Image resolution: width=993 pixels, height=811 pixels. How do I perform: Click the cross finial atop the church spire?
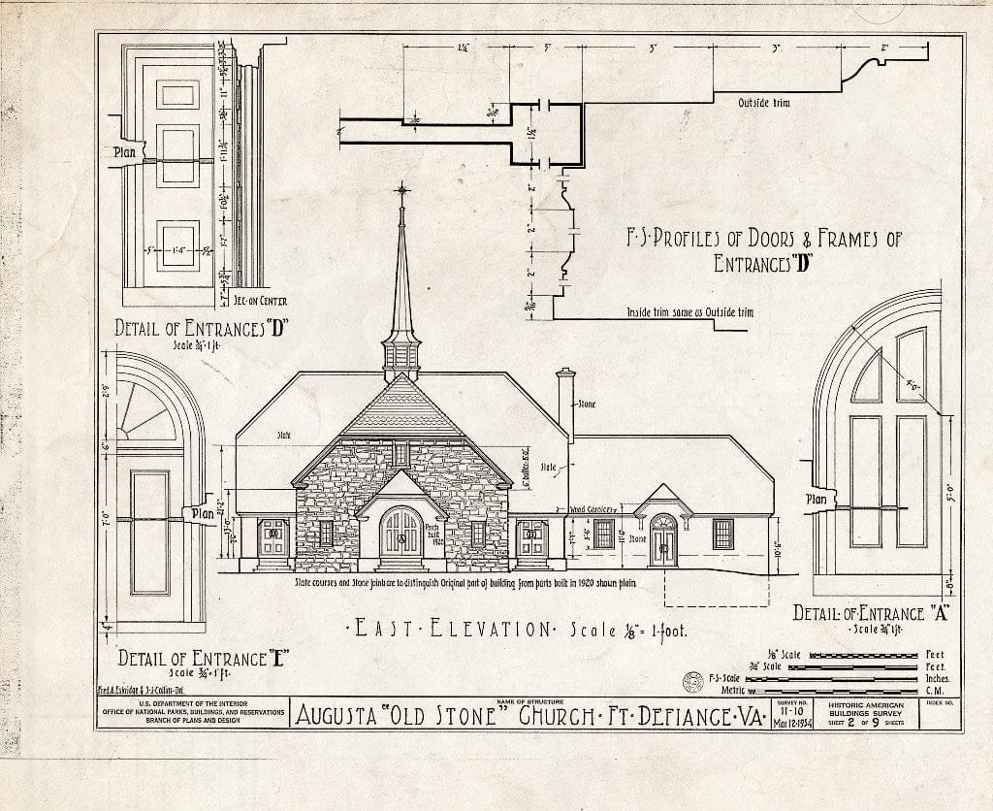401,189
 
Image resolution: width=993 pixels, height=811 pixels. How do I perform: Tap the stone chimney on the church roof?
565,403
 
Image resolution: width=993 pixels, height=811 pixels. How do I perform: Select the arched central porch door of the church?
400,533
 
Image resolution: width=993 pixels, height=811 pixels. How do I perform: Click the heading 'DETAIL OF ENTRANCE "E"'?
194,659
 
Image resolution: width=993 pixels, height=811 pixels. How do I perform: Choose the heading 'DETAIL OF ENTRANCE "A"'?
859,613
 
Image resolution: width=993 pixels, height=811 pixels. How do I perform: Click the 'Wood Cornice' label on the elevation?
593,508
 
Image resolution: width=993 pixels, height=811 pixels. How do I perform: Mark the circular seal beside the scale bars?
692,682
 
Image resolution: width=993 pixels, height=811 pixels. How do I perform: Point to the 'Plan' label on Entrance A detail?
816,500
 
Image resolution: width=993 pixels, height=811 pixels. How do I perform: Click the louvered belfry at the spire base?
400,359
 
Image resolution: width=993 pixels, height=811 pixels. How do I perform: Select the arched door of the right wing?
663,539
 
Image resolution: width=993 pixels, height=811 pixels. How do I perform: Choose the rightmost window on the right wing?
723,534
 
